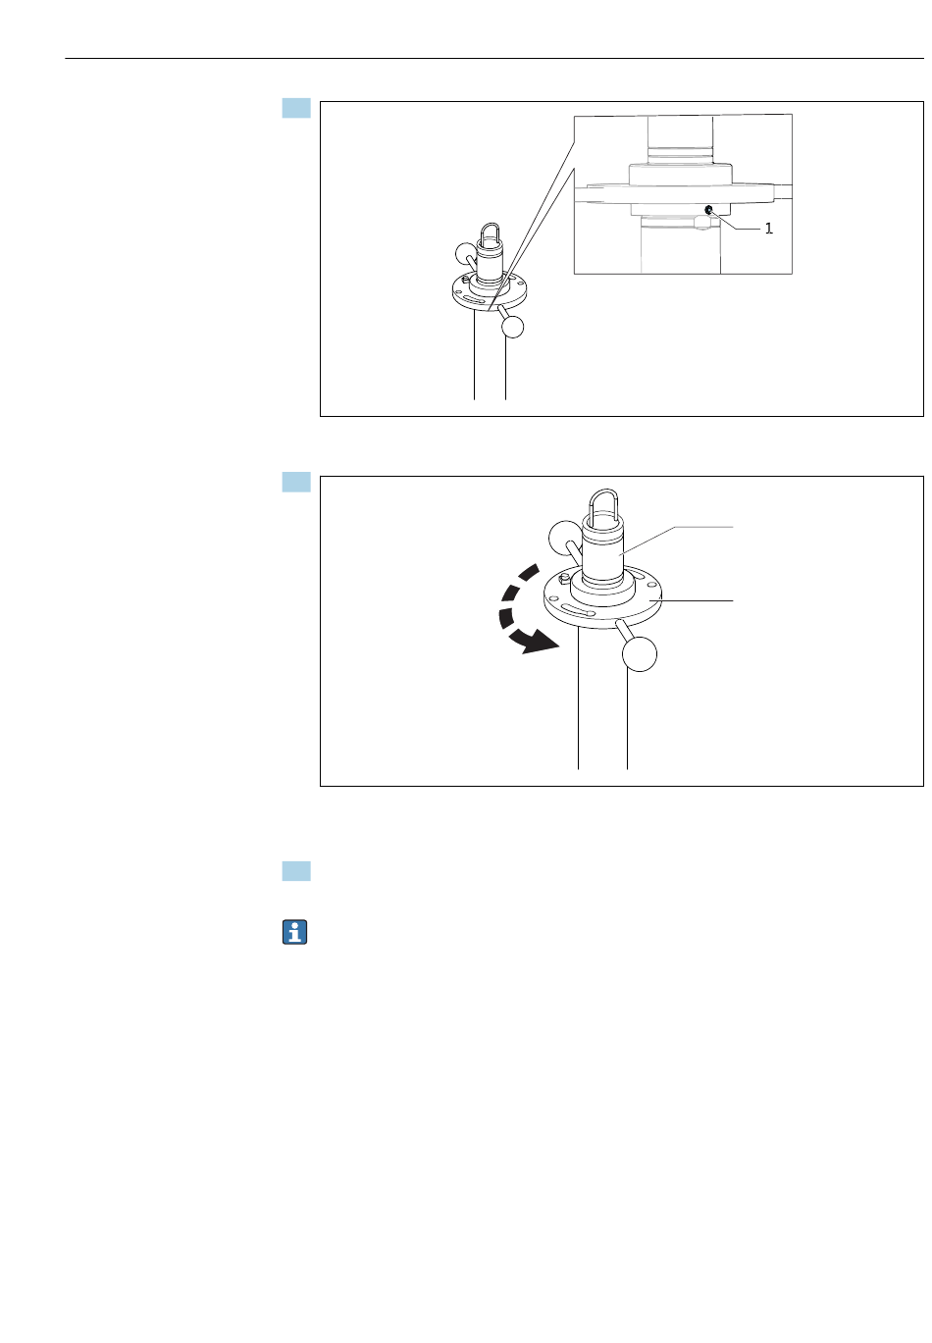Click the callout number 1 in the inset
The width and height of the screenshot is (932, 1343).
pyautogui.click(x=768, y=229)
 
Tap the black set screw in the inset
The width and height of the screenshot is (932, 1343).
pyautogui.click(x=708, y=209)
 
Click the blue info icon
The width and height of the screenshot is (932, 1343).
pyautogui.click(x=294, y=932)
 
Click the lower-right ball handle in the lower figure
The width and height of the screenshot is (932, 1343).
pyautogui.click(x=640, y=654)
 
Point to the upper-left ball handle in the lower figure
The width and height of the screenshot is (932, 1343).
pyautogui.click(x=564, y=537)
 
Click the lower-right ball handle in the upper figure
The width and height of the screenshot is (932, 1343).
pyautogui.click(x=512, y=327)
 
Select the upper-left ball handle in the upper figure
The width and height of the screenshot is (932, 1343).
pyautogui.click(x=466, y=253)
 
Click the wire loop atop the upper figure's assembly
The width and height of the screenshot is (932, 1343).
pyautogui.click(x=491, y=232)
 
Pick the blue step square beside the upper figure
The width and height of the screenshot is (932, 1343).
pyautogui.click(x=296, y=108)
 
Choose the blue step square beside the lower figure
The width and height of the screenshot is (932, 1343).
pyautogui.click(x=296, y=482)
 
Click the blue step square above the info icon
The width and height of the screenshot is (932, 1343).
pyautogui.click(x=296, y=870)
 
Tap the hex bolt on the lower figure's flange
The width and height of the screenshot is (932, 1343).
pyautogui.click(x=563, y=578)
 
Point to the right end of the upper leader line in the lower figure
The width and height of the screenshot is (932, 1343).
pyautogui.click(x=733, y=527)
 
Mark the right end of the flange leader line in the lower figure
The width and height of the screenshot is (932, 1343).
pyautogui.click(x=733, y=600)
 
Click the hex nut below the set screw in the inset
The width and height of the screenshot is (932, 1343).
pyautogui.click(x=702, y=223)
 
